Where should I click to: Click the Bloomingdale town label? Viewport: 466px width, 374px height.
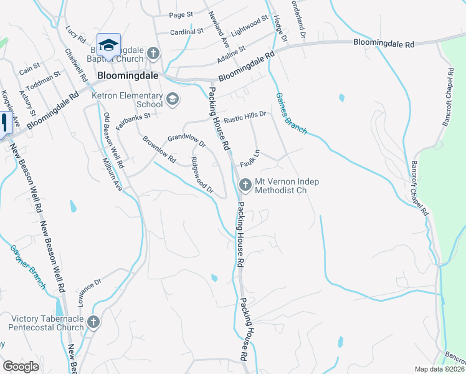click(x=128, y=77)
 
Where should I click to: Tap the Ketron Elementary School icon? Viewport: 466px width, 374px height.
click(x=173, y=98)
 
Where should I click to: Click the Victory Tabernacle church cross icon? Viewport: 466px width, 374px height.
click(x=93, y=322)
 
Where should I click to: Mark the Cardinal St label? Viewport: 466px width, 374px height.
click(x=187, y=31)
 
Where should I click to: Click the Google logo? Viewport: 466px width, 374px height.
click(x=21, y=367)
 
